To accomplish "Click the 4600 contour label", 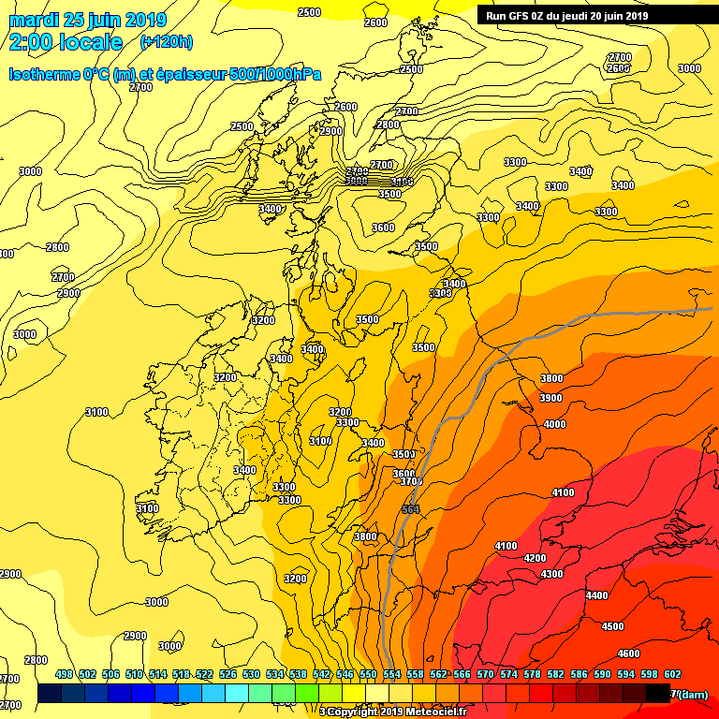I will (628, 653).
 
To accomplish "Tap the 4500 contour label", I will (612, 626).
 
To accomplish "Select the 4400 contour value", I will (596, 595).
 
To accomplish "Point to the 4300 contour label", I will (551, 574).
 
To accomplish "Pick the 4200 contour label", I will (535, 558).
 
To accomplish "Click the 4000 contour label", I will (554, 424).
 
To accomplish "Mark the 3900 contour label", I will (550, 398).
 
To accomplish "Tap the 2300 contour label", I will (330, 132).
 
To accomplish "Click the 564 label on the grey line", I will (410, 509).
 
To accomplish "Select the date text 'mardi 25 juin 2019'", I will (87, 20).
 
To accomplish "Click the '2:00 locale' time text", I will (66, 42).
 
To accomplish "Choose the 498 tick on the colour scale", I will (65, 674).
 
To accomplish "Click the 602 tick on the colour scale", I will (672, 674).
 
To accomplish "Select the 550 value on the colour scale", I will (368, 674).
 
